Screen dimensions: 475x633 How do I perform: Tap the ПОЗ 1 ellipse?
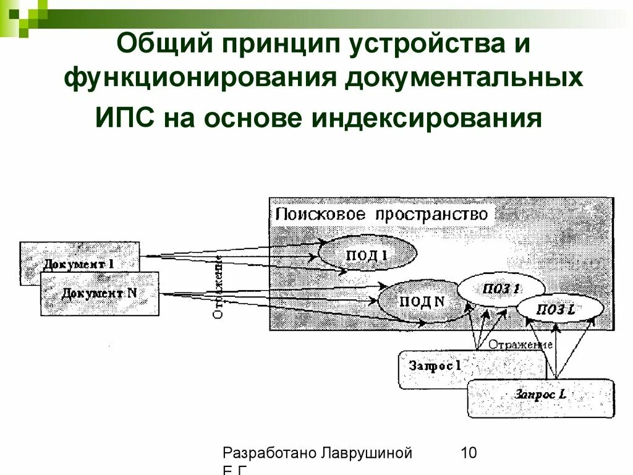click(501, 289)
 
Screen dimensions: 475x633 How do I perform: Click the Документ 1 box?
click(79, 263)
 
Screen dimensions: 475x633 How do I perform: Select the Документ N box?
click(99, 293)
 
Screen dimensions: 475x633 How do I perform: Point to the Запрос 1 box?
click(435, 366)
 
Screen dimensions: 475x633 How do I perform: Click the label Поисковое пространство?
click(381, 214)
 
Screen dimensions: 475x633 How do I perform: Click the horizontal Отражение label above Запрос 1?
click(520, 344)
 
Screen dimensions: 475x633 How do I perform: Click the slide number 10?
click(468, 453)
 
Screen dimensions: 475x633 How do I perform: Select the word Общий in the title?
click(161, 45)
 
